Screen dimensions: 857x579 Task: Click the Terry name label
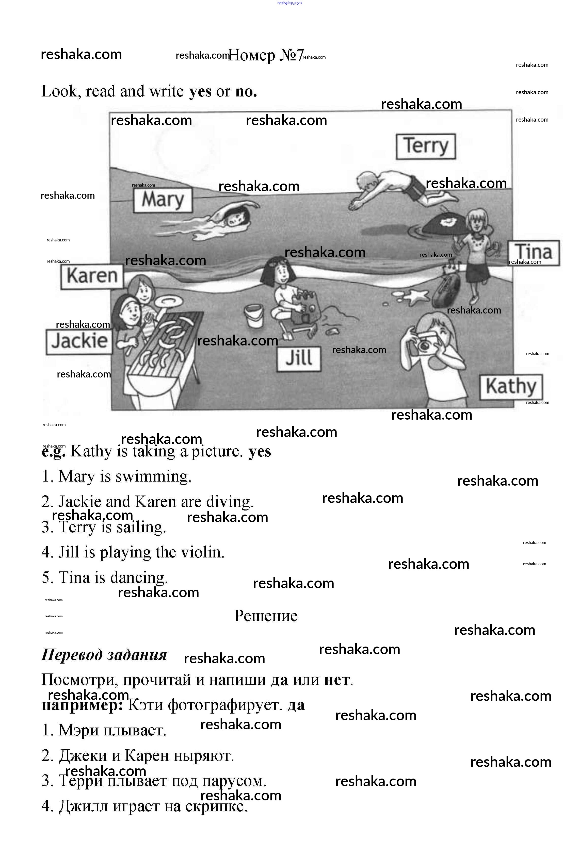tap(426, 146)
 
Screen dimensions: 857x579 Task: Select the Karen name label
tap(92, 276)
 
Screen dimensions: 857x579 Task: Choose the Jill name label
tap(299, 358)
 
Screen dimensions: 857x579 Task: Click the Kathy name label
tap(511, 387)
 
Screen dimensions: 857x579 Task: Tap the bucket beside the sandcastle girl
tap(254, 316)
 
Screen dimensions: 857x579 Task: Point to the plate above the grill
tap(169, 302)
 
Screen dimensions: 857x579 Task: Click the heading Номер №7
tap(266, 55)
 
